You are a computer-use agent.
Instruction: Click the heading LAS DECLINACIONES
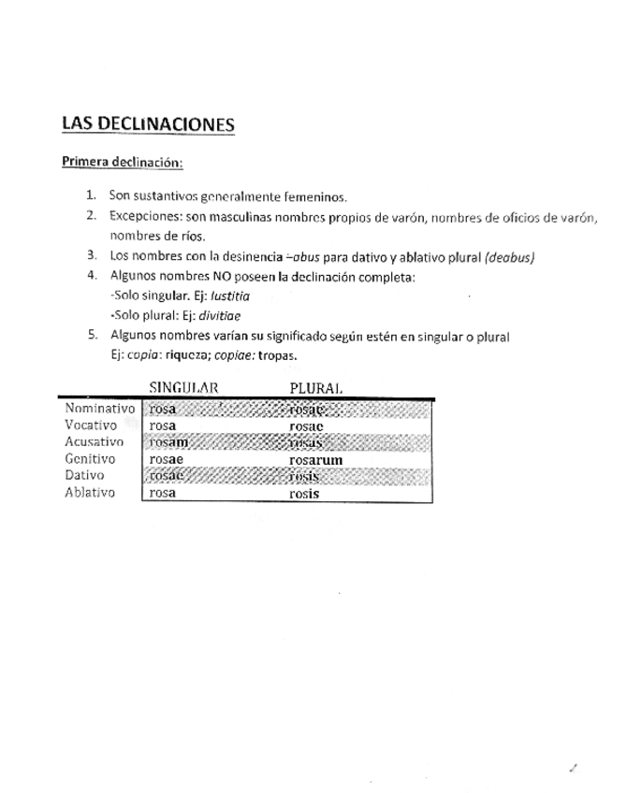(x=147, y=124)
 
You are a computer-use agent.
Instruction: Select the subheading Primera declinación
(x=122, y=162)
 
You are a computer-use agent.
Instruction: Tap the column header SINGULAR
(x=183, y=387)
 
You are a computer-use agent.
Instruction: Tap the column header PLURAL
(x=316, y=387)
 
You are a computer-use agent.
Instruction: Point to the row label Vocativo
(x=91, y=425)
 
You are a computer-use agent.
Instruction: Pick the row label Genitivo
(x=90, y=459)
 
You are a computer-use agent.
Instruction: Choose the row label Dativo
(x=84, y=476)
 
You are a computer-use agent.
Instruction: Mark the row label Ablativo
(x=90, y=493)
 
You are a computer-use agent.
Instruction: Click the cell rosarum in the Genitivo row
(x=316, y=460)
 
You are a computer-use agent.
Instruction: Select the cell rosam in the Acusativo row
(x=168, y=442)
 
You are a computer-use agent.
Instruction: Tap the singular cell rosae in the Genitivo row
(x=166, y=460)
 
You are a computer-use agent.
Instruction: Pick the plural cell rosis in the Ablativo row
(x=304, y=494)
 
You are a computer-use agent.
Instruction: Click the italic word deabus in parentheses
(x=509, y=256)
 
